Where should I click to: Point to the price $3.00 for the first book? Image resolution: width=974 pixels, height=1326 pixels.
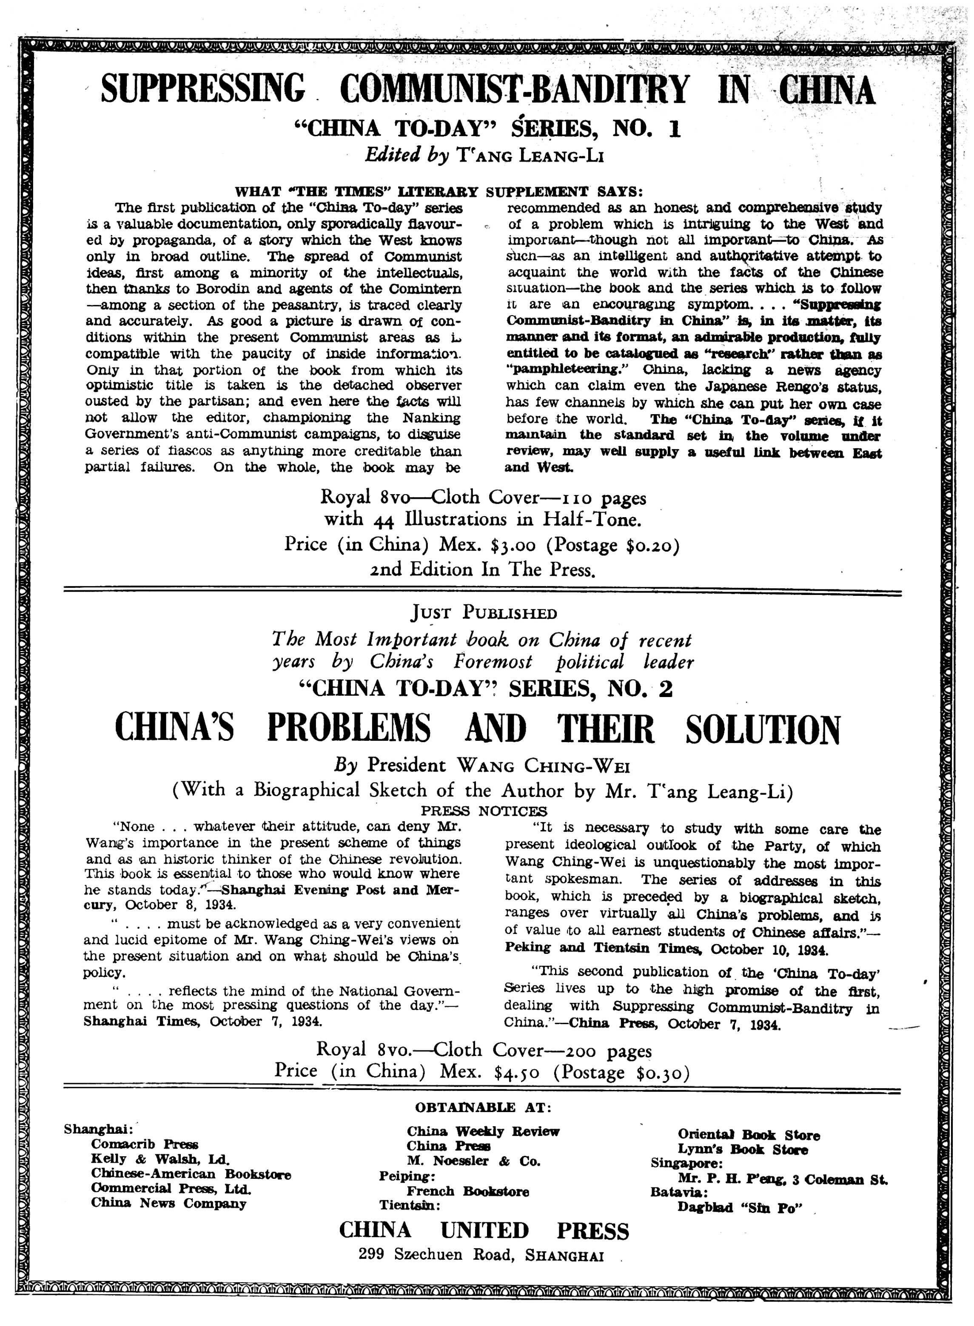click(513, 544)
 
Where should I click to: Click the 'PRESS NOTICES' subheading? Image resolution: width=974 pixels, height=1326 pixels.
click(484, 811)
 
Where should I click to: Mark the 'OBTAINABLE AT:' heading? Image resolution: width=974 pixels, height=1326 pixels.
click(484, 1108)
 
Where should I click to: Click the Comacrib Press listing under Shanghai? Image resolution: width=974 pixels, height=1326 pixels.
click(145, 1144)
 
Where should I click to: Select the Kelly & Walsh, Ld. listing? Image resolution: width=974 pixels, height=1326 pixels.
click(160, 1158)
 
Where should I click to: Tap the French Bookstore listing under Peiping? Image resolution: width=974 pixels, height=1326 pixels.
click(467, 1191)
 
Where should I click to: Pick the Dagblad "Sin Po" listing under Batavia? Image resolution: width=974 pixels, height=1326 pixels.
click(740, 1207)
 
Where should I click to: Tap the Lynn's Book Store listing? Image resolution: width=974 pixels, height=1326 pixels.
click(742, 1149)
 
